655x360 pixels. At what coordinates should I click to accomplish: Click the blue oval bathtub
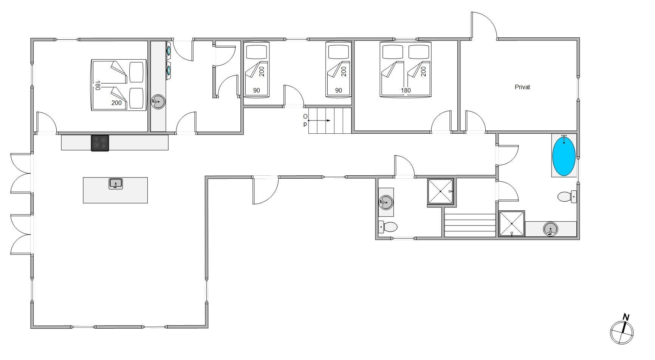(564, 156)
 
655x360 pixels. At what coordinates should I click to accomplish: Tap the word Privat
(522, 87)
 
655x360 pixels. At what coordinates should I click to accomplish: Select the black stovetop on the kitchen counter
(100, 143)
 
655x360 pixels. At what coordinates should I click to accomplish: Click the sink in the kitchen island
(116, 184)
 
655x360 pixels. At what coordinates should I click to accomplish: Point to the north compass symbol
(622, 329)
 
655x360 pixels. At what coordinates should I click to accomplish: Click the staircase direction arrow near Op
(319, 121)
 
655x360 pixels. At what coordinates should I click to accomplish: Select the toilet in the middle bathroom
(388, 227)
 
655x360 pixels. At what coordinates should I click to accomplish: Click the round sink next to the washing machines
(158, 102)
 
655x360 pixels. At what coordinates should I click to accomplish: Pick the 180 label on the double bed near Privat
(406, 90)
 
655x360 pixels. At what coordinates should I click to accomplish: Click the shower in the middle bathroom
(440, 192)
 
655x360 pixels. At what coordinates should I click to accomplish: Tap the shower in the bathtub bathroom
(512, 224)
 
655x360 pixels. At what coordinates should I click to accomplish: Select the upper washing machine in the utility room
(168, 49)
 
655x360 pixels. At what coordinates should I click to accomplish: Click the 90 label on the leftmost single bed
(256, 90)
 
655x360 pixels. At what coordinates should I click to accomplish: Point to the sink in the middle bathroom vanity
(386, 202)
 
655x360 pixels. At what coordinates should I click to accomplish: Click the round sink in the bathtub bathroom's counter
(551, 229)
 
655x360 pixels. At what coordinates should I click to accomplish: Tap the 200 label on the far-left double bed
(116, 103)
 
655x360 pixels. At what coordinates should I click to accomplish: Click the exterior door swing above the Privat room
(484, 25)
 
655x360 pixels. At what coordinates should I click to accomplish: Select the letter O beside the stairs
(305, 117)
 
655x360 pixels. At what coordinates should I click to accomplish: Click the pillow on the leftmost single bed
(257, 52)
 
